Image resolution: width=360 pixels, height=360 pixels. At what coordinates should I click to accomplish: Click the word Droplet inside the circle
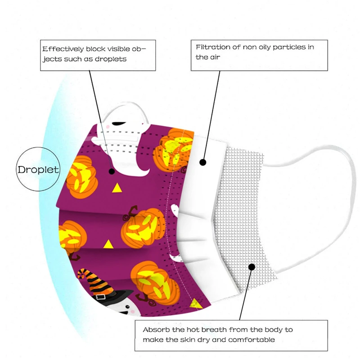point(38,170)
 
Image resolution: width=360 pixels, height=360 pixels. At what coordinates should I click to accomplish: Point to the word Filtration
point(211,47)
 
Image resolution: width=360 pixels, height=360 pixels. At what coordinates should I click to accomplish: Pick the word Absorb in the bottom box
point(155,329)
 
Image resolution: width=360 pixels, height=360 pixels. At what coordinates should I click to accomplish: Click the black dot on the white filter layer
point(203,162)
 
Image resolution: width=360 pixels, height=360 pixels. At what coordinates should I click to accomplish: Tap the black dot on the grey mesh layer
point(252,267)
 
